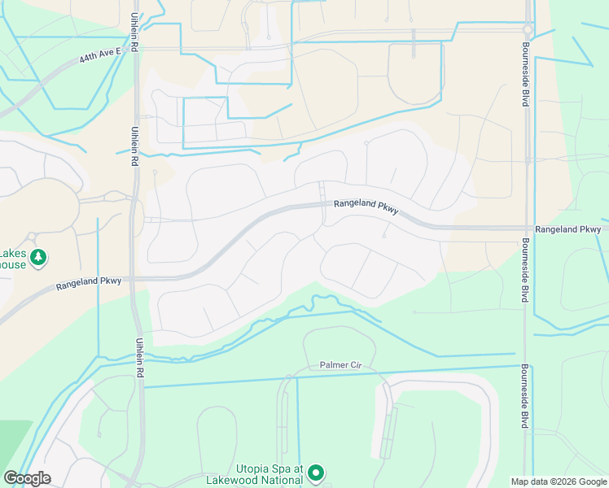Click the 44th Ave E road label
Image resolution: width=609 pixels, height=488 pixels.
click(100, 54)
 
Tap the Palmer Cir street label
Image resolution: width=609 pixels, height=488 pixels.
click(339, 365)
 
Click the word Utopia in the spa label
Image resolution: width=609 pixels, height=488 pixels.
click(256, 468)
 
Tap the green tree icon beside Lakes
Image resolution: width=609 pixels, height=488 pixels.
click(38, 259)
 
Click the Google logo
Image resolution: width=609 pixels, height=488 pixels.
click(27, 478)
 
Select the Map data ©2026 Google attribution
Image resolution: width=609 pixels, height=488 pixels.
click(558, 481)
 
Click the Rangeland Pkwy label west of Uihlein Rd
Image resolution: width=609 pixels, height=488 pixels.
click(89, 281)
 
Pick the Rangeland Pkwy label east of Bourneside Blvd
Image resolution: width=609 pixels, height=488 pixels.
click(567, 229)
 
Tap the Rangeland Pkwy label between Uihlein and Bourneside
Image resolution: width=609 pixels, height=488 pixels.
click(366, 207)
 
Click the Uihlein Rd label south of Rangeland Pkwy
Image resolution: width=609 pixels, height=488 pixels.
click(140, 359)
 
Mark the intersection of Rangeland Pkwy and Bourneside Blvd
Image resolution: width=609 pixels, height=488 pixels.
click(527, 229)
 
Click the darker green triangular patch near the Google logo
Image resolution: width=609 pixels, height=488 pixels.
click(11, 439)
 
